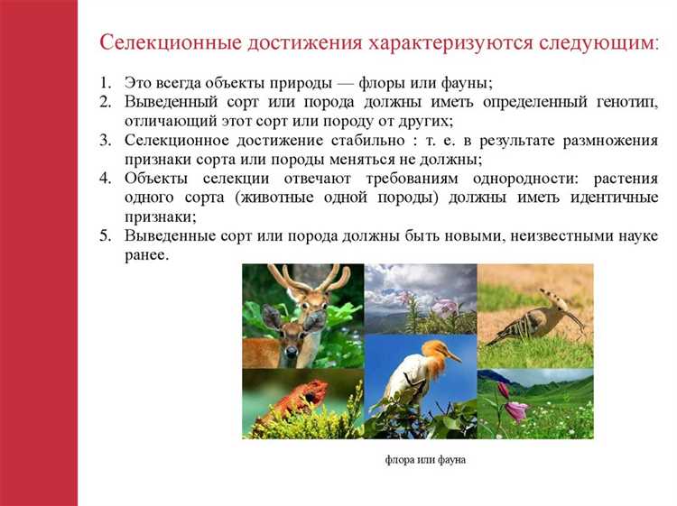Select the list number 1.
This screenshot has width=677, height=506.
click(105, 83)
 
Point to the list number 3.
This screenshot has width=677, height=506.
click(105, 140)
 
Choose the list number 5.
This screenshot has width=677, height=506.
click(105, 236)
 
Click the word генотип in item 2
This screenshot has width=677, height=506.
click(624, 102)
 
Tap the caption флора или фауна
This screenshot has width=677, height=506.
click(424, 460)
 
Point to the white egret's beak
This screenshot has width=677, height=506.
click(454, 358)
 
